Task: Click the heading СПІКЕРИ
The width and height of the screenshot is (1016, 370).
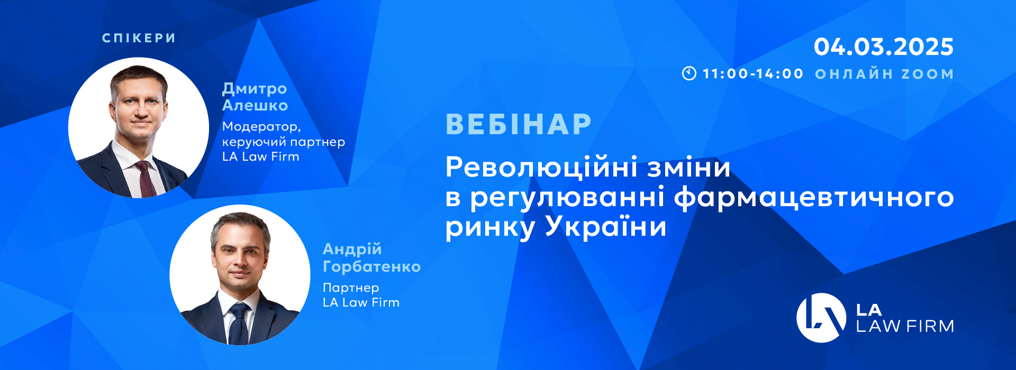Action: click(139, 38)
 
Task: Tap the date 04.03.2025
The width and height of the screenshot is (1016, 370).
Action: click(884, 47)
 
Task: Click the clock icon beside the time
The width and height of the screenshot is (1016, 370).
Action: click(689, 73)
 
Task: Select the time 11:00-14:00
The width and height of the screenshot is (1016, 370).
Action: click(753, 74)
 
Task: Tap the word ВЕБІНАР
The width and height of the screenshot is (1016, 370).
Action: click(519, 124)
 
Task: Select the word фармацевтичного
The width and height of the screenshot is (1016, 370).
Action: click(814, 198)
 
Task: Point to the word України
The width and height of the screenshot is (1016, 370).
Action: click(606, 226)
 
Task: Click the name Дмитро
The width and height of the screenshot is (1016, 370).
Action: click(255, 89)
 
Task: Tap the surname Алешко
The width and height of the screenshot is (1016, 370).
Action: click(255, 105)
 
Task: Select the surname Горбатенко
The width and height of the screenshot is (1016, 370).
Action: click(372, 266)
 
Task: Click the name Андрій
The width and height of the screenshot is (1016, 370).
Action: click(352, 249)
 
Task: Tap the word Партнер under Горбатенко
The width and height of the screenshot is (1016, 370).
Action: click(351, 288)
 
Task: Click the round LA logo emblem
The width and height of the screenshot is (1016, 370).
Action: click(821, 318)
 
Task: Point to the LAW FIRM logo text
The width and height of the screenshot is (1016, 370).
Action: click(905, 326)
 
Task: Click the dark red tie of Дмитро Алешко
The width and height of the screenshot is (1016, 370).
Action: click(146, 179)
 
